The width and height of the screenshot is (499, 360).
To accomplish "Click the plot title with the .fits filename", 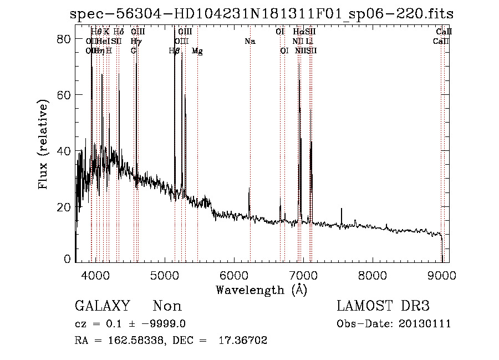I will (261, 14).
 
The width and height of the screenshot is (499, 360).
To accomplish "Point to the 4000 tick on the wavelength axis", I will (95, 273).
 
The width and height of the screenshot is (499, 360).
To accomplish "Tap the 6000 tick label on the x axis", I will (234, 273).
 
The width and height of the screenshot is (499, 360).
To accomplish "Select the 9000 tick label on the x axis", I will (442, 273).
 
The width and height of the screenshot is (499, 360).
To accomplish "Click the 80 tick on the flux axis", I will (65, 39).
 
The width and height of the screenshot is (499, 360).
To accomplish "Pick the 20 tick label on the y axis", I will (65, 207).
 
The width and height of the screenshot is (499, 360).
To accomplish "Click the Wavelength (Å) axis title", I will (261, 290).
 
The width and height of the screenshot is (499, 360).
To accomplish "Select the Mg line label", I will (197, 51).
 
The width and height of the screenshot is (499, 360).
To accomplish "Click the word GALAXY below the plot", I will (103, 306).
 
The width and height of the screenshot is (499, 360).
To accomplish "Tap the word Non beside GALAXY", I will (167, 306).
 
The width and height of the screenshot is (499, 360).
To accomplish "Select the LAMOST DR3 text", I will (383, 306).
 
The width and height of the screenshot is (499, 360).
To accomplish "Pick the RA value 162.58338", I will (133, 341).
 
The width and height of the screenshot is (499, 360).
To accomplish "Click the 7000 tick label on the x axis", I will (303, 273).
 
